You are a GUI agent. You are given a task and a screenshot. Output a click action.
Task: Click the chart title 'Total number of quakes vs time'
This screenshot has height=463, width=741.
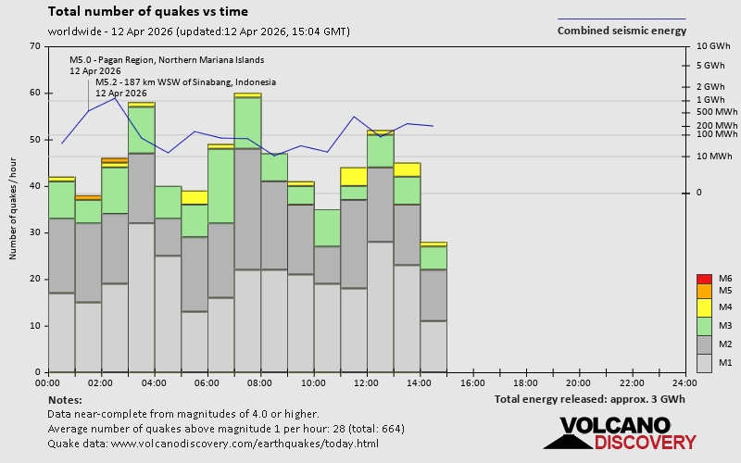[x=147, y=12]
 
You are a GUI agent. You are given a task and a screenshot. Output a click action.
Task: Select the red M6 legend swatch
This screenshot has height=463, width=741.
[x=703, y=279]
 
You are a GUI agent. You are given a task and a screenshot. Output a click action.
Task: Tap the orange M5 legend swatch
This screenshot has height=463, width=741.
[x=703, y=291]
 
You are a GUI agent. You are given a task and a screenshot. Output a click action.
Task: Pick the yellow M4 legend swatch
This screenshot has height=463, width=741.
[x=703, y=307]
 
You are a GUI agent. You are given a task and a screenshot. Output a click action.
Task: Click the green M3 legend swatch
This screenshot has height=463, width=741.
[x=703, y=326]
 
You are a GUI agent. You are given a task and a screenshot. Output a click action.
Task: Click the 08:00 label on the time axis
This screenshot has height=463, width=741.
[x=260, y=382]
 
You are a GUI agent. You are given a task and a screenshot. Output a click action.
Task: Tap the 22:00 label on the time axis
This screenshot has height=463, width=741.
[x=632, y=382]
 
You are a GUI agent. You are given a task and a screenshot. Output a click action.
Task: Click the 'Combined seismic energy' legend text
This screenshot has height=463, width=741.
[x=622, y=31]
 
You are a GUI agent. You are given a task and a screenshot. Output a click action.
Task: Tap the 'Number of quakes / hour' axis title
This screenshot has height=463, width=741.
[x=14, y=208]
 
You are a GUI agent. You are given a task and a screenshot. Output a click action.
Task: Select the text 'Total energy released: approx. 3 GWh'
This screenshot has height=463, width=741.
[x=590, y=399]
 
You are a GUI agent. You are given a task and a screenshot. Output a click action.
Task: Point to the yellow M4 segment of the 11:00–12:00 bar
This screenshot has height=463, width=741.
[x=354, y=176]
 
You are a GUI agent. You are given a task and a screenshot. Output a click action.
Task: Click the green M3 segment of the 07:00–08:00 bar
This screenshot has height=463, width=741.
[x=247, y=122]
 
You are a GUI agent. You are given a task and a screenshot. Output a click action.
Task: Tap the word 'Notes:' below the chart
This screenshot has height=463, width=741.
[x=64, y=399]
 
